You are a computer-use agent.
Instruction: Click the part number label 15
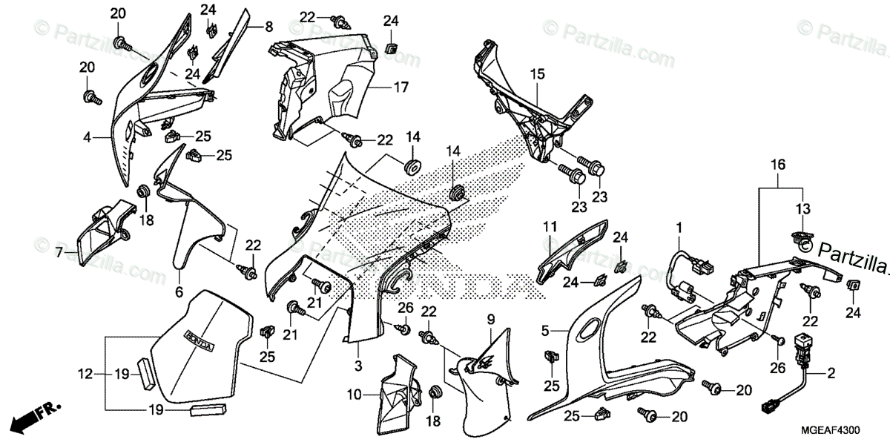tap(537, 73)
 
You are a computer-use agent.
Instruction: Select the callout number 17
tap(401, 87)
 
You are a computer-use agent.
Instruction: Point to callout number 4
tap(87, 137)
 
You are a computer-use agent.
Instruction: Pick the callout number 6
tap(178, 293)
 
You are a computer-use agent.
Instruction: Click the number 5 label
tap(545, 330)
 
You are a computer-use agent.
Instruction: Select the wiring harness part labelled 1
tap(682, 274)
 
